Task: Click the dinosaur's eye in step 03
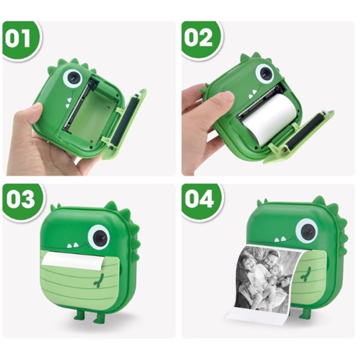(99, 236)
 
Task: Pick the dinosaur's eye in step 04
(306, 230)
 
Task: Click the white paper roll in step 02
(271, 119)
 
